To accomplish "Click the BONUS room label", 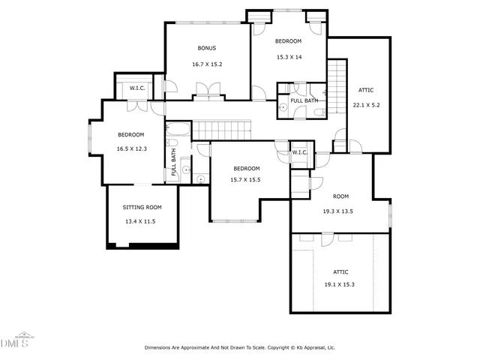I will [x=207, y=49].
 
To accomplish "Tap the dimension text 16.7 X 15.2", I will [x=207, y=64].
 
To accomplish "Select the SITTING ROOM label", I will [x=142, y=207].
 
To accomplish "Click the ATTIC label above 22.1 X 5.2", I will [x=367, y=90].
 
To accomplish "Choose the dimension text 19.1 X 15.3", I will [x=339, y=285].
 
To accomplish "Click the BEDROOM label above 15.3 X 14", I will [x=288, y=40].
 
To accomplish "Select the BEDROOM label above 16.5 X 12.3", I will [x=131, y=134].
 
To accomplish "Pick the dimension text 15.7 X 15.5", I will [x=246, y=180].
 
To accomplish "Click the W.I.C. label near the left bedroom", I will [x=137, y=88].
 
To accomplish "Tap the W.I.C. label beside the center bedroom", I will [x=300, y=153].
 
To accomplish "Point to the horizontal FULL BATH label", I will [x=304, y=100].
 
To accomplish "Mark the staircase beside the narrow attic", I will [x=338, y=76].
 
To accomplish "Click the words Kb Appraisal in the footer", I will [x=320, y=348].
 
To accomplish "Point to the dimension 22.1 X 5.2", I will [x=367, y=105].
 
